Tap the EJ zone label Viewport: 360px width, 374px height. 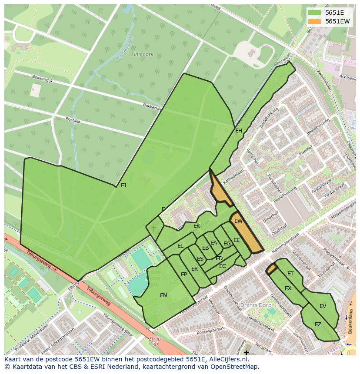click(123, 185)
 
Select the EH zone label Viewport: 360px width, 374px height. click(238, 131)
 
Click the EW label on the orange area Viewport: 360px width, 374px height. click(238, 221)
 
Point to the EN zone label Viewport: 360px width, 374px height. click(163, 295)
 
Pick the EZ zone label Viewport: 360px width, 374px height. click(318, 324)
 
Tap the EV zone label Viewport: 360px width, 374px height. click(323, 306)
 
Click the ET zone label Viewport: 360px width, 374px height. click(290, 274)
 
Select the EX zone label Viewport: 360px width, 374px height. click(288, 288)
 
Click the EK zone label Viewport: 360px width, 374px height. click(197, 226)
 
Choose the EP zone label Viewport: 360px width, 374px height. click(184, 275)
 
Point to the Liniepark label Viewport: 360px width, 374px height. click(143, 55)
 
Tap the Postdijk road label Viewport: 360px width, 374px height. click(73, 119)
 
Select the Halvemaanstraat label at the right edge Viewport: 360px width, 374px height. click(343, 209)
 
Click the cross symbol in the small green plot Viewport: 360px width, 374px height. click(153, 228)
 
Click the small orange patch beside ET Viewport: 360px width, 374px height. click(271, 269)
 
